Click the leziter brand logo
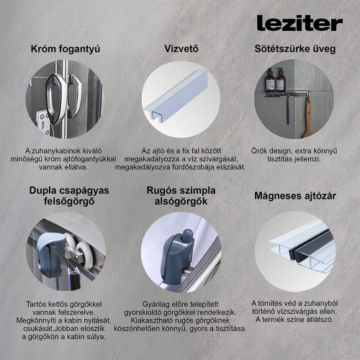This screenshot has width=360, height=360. [x=299, y=23]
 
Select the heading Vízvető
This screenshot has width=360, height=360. [x=181, y=49]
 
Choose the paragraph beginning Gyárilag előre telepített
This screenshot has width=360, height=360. [x=181, y=316]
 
